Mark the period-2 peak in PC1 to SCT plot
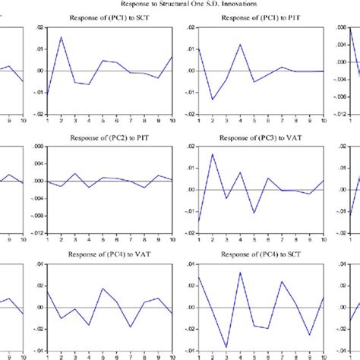tap(62, 37)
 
